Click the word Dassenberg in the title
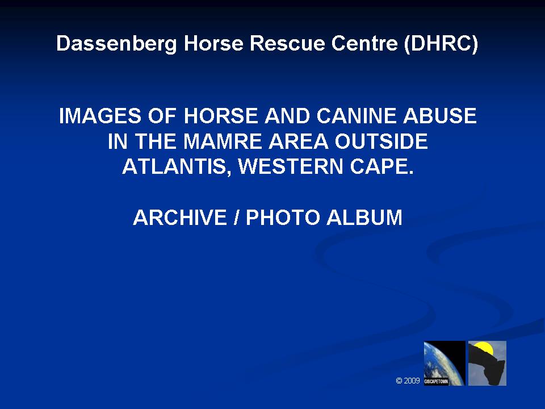tap(116, 44)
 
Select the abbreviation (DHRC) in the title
tap(441, 44)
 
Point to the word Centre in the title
tap(364, 43)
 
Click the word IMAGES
tap(100, 116)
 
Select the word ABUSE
tap(439, 116)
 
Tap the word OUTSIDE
tap(381, 141)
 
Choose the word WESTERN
tap(291, 166)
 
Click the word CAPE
tap(381, 166)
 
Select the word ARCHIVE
tap(180, 218)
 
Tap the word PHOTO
tap(283, 218)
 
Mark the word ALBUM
tap(364, 218)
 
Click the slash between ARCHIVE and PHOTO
tap(237, 218)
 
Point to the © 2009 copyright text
tap(408, 381)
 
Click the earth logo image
tap(444, 363)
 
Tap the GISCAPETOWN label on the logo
tap(436, 382)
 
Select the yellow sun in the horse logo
tap(484, 347)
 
